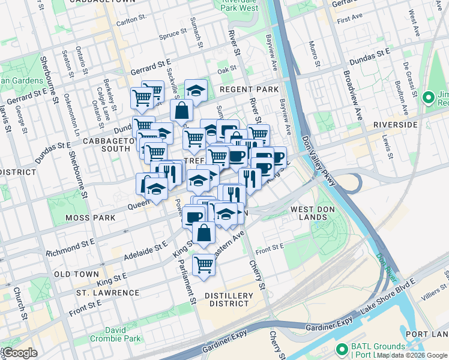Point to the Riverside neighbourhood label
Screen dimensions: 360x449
(394, 124)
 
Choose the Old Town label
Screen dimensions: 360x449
(76, 274)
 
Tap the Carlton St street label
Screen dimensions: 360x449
(131, 22)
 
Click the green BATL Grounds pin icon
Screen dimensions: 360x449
(342, 349)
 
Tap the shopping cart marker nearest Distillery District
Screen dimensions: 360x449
(204, 263)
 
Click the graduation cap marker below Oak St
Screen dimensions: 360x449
(196, 91)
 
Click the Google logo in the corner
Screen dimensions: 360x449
(19, 353)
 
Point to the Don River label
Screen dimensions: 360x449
(387, 266)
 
